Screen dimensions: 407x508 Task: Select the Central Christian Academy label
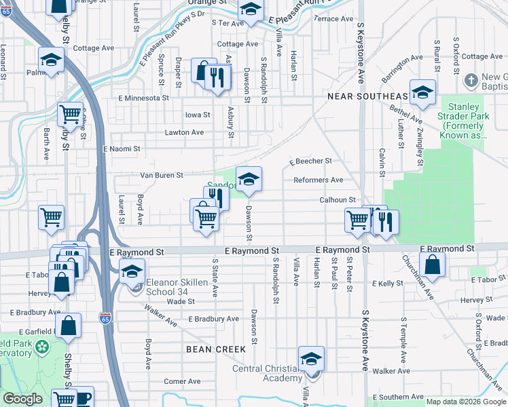pyautogui.click(x=267, y=374)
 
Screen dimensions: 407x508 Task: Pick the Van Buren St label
pyautogui.click(x=161, y=175)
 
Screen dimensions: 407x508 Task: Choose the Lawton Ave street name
pyautogui.click(x=184, y=132)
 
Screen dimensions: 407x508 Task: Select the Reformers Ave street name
pyautogui.click(x=318, y=180)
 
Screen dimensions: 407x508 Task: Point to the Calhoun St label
pyautogui.click(x=338, y=199)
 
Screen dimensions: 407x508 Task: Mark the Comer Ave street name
pyautogui.click(x=183, y=381)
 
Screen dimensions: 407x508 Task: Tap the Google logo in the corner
pyautogui.click(x=23, y=399)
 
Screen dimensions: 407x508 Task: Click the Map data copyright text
pyautogui.click(x=465, y=402)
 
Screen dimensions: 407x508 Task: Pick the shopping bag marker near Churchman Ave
pyautogui.click(x=432, y=265)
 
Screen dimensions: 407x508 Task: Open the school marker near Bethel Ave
pyautogui.click(x=422, y=94)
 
